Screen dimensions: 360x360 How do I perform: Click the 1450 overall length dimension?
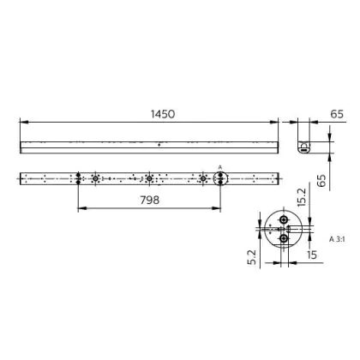(163, 114)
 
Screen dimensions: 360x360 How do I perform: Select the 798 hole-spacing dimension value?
(150, 201)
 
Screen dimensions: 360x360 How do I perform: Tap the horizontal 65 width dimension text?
(337, 114)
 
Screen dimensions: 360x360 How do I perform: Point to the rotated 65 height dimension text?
(321, 181)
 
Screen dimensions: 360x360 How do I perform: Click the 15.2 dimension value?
(302, 197)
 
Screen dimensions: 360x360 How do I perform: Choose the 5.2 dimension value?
(252, 257)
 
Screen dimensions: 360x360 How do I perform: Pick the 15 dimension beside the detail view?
(312, 255)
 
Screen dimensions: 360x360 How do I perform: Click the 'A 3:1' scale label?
(337, 239)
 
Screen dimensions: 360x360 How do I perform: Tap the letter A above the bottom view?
(220, 167)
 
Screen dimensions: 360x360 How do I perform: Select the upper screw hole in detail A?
(284, 219)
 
